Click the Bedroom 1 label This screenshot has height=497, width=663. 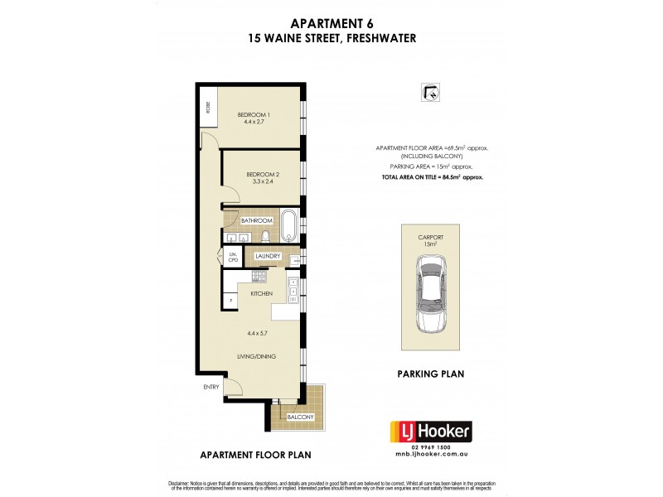click(255, 114)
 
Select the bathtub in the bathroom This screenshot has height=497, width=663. click(288, 224)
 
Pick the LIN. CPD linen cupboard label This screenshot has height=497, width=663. click(233, 257)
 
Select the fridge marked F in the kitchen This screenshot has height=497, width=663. click(230, 299)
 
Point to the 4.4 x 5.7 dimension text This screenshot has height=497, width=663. click(259, 334)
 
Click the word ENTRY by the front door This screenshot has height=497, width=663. click(211, 387)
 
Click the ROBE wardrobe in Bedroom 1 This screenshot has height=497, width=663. click(208, 107)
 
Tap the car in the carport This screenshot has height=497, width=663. click(431, 295)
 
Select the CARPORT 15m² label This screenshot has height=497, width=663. click(430, 239)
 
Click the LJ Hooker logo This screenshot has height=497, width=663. click(430, 431)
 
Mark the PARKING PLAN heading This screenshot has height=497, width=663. click(430, 374)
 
